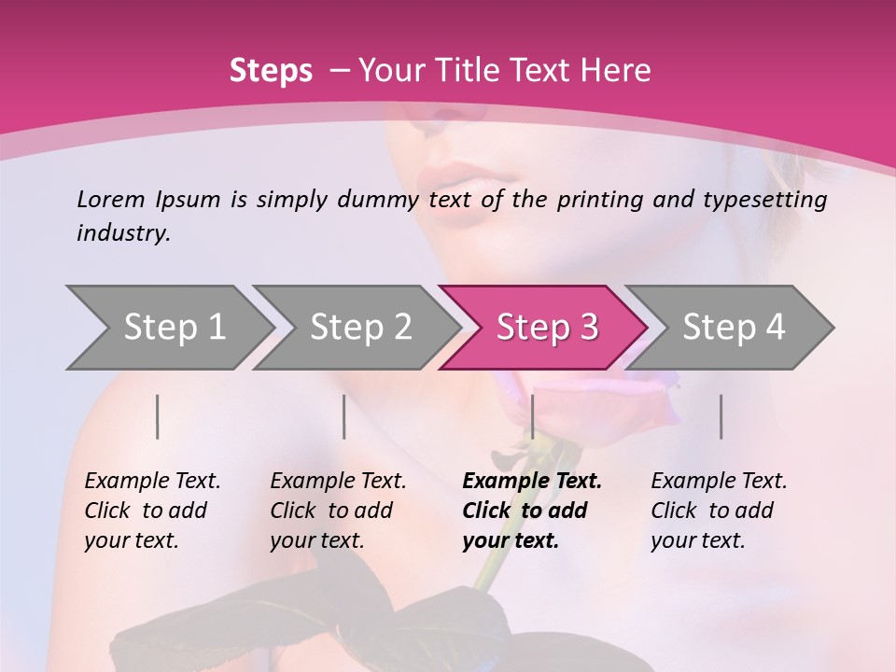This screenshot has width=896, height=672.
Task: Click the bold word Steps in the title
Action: click(x=271, y=71)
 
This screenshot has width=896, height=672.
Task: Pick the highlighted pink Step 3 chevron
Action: click(x=545, y=327)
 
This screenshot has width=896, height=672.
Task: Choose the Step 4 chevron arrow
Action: click(x=732, y=327)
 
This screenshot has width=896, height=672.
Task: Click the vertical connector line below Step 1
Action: click(x=158, y=416)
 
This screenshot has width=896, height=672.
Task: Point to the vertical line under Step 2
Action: click(x=344, y=416)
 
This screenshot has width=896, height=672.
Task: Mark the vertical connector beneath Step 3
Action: click(x=532, y=416)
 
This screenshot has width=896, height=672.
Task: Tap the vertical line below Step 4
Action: click(x=721, y=416)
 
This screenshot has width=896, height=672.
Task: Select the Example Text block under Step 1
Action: click(x=152, y=511)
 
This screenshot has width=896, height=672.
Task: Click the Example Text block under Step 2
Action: click(x=338, y=511)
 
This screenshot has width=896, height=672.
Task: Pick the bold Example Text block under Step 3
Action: click(x=531, y=511)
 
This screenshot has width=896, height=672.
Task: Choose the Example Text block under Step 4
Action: click(x=719, y=511)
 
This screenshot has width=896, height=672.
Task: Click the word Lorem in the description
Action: click(x=110, y=200)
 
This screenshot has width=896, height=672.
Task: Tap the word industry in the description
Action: click(x=123, y=233)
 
